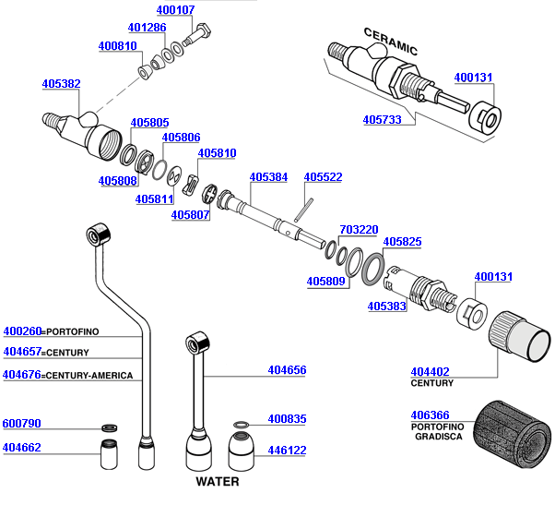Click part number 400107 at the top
[175, 10]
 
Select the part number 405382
[61, 84]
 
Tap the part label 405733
[382, 120]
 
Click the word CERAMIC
[390, 42]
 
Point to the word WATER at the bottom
[217, 481]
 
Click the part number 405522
[323, 176]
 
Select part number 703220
[359, 229]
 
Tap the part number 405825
[402, 242]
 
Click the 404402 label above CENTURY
[430, 371]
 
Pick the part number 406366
[430, 416]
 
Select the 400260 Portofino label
[23, 331]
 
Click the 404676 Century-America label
[23, 375]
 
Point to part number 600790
[23, 424]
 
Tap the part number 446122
[287, 451]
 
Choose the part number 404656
[287, 370]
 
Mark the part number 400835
[287, 419]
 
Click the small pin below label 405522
[301, 210]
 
